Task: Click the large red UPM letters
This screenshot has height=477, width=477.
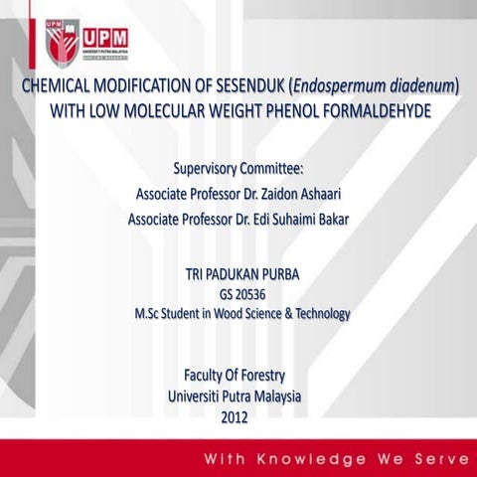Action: coord(104,34)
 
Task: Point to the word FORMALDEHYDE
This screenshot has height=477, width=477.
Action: coord(383,109)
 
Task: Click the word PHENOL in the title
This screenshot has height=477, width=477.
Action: coord(296,109)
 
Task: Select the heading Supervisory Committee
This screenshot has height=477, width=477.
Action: coord(238,167)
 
